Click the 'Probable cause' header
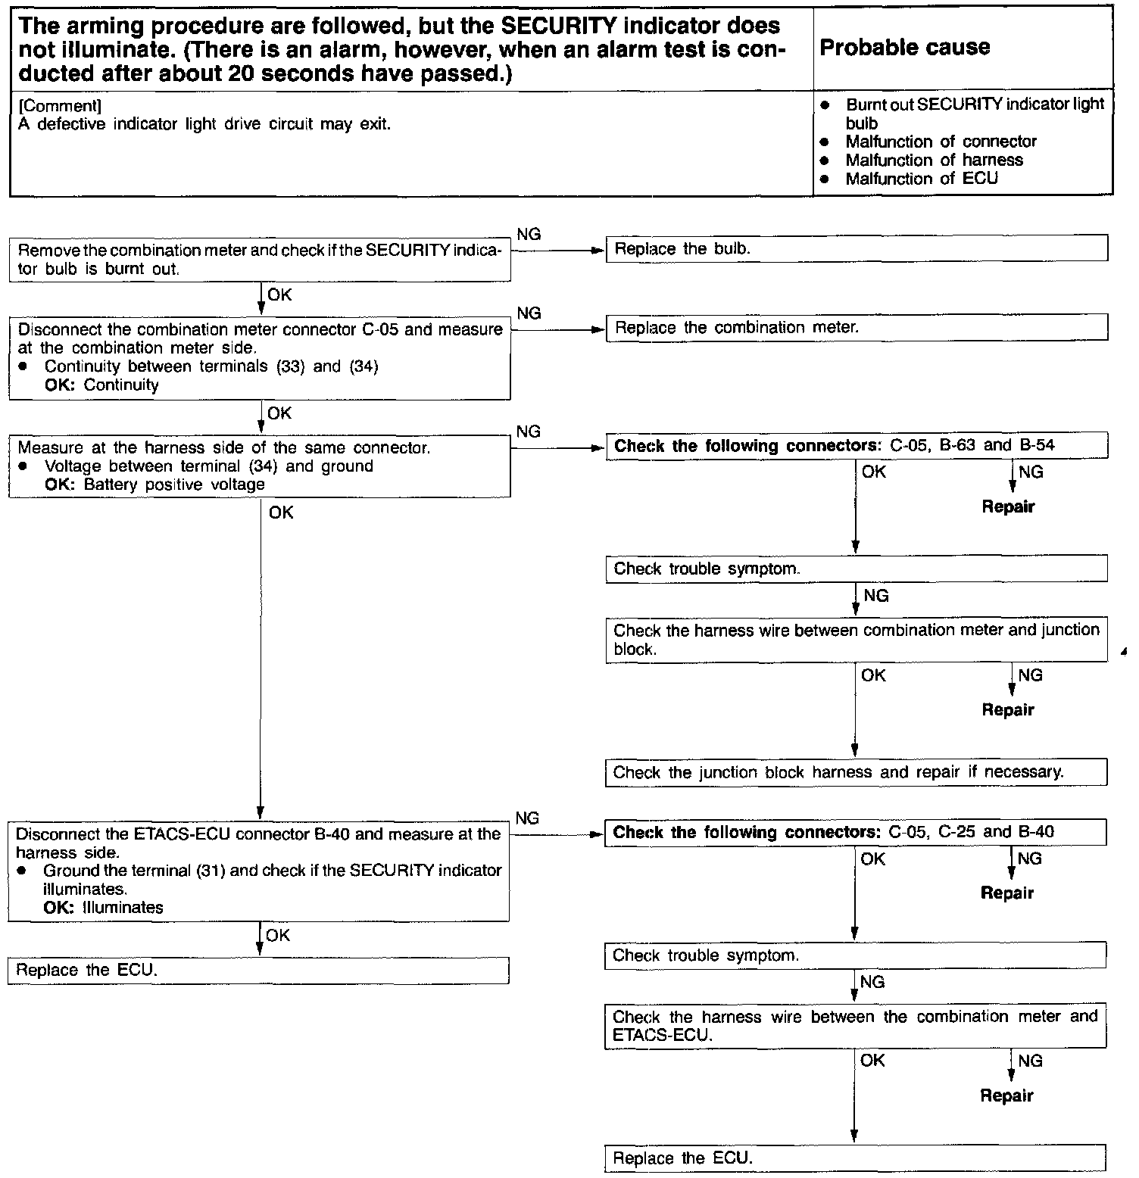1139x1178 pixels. click(905, 48)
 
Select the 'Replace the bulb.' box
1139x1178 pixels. click(857, 248)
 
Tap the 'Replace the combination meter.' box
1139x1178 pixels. click(857, 328)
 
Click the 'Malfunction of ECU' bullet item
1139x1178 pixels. click(921, 179)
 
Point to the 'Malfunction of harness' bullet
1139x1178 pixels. click(934, 160)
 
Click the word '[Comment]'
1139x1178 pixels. click(59, 106)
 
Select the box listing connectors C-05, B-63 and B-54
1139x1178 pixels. click(857, 446)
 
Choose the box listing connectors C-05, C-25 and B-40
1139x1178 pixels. click(855, 833)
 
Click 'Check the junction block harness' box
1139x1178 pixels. click(856, 772)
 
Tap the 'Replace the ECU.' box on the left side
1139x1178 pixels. click(258, 971)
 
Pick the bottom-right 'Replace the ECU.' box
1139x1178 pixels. click(855, 1158)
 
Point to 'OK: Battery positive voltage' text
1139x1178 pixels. click(154, 485)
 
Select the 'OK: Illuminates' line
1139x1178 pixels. click(104, 907)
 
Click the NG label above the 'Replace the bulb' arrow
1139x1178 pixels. click(529, 234)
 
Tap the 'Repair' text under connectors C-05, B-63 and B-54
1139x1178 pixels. click(1008, 507)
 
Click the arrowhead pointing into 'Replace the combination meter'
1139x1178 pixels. click(601, 329)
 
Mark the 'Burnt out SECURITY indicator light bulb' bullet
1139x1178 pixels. click(974, 114)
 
